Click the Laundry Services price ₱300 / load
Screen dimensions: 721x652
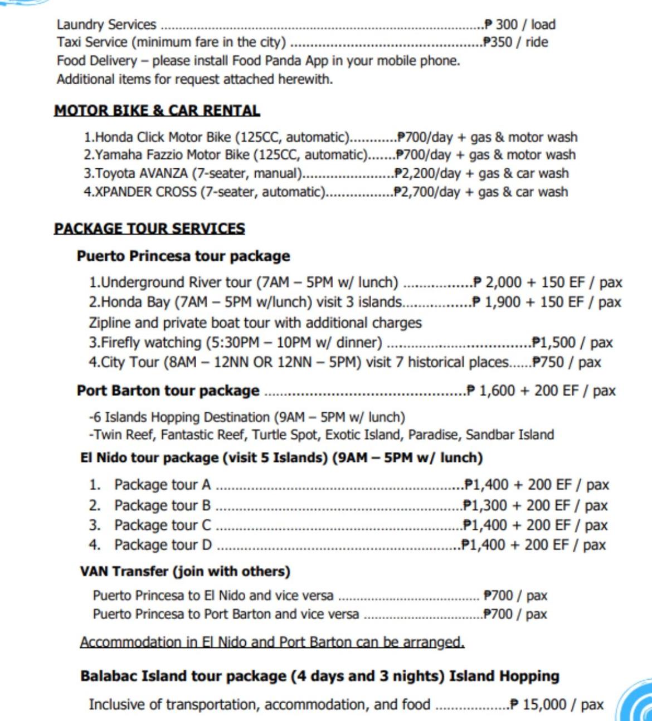[x=519, y=25]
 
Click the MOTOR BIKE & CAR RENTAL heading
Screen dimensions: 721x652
[x=157, y=110]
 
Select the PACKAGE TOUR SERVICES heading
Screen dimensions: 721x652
[x=149, y=228]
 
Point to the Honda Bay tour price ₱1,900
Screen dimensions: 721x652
[x=498, y=302]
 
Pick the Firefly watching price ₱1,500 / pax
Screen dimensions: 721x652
[x=572, y=342]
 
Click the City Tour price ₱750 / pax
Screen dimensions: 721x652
[x=567, y=362]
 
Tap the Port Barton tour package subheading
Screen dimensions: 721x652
[x=168, y=391]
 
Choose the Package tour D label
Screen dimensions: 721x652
[x=163, y=544]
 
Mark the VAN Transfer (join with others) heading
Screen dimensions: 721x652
[x=185, y=571]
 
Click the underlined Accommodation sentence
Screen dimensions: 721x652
[x=272, y=642]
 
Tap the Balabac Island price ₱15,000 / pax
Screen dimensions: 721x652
[x=557, y=704]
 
